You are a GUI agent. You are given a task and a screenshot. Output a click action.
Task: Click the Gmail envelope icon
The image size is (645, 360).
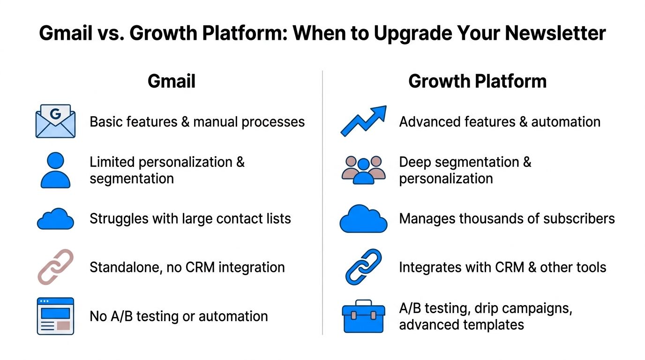(x=55, y=121)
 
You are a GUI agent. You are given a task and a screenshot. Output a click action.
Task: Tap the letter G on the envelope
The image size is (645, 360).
(x=55, y=114)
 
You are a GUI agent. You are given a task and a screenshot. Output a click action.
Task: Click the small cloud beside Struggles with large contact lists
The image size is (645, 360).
(x=55, y=219)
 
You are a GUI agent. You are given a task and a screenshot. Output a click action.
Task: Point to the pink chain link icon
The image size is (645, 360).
(x=55, y=267)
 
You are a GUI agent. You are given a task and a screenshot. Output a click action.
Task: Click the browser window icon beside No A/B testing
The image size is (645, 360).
(x=55, y=316)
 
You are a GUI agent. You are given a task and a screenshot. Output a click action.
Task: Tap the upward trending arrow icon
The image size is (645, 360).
(x=363, y=121)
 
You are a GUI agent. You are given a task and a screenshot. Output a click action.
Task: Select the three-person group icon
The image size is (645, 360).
(x=363, y=170)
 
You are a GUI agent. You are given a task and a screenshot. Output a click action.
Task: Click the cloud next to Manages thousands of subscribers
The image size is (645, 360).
(x=363, y=219)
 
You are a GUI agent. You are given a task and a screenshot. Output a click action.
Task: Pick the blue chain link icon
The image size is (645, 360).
(x=363, y=267)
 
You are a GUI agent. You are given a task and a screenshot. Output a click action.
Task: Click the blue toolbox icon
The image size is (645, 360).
(x=363, y=316)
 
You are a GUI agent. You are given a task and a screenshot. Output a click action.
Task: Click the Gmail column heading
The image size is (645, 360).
(x=172, y=82)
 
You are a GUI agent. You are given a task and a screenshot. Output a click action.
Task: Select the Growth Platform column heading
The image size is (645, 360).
(x=477, y=82)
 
